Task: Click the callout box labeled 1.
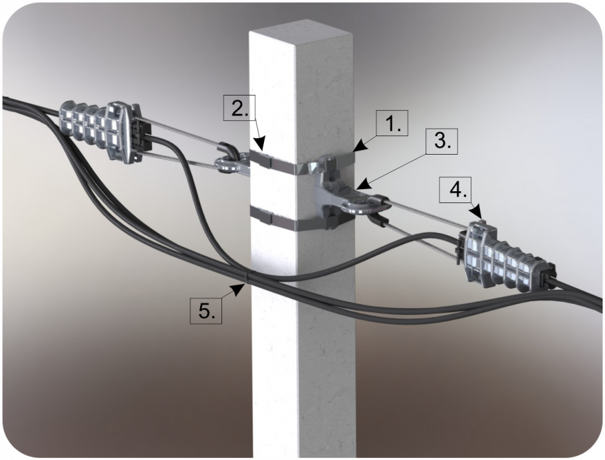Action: [x=391, y=123]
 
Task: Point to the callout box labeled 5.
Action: [x=206, y=310]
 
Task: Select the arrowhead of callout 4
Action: [x=479, y=214]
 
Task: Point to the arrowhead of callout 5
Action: [x=239, y=287]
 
